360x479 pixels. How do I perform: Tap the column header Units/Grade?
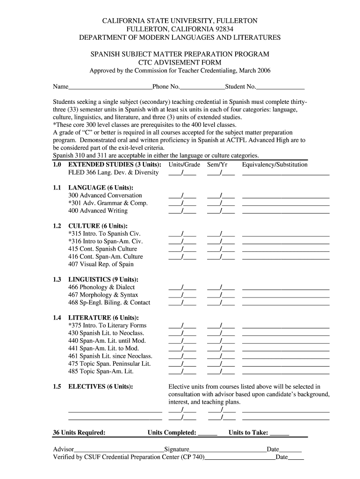(184, 165)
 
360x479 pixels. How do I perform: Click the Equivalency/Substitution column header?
(275, 165)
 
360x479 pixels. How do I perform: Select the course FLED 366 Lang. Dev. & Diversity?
(113, 173)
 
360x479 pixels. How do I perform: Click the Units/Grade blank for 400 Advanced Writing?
(182, 211)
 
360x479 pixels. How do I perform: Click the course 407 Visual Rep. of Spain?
(101, 264)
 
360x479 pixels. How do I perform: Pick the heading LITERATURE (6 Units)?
(103, 318)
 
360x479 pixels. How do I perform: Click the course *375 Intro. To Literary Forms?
(107, 326)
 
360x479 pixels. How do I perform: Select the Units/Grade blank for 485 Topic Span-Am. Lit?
(182, 372)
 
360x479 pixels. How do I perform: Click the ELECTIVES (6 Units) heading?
(100, 387)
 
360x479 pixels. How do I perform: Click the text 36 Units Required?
(79, 433)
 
